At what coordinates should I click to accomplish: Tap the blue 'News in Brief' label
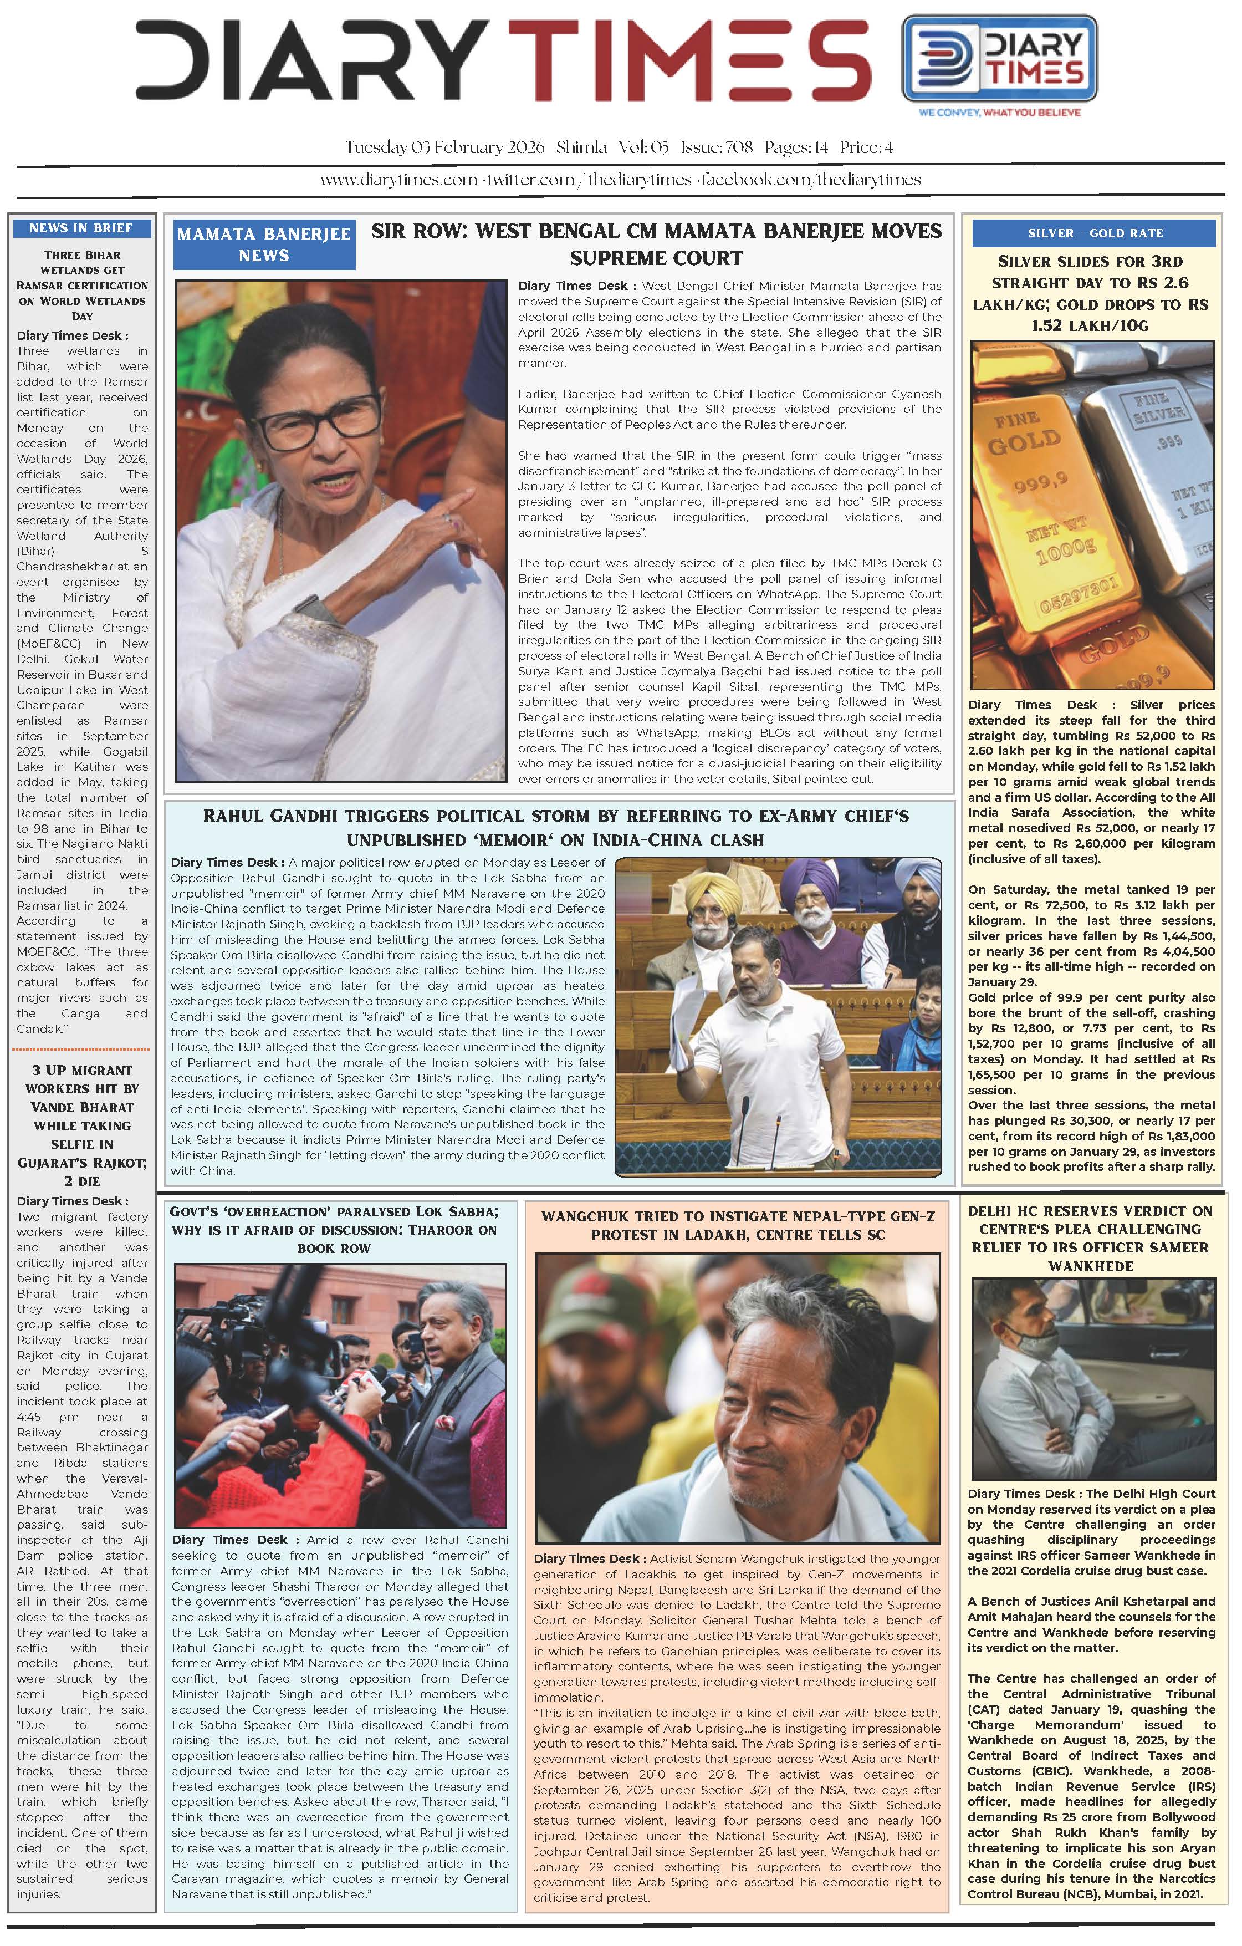coord(81,228)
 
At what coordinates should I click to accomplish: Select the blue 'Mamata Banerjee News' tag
coord(263,244)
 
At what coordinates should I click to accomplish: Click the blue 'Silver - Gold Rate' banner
coord(1094,233)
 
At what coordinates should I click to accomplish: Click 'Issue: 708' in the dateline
coord(717,147)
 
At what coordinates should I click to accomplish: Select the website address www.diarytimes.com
coord(398,180)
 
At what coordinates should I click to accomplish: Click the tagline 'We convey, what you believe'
coord(999,113)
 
